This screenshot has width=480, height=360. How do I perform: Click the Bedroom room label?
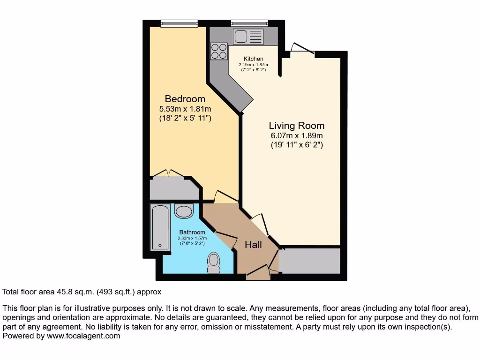coord(185,99)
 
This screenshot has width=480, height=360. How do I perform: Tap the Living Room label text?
coord(296,126)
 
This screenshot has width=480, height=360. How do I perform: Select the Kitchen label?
coord(253,59)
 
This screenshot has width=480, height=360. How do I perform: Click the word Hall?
coord(253,245)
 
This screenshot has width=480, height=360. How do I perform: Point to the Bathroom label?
coord(192,232)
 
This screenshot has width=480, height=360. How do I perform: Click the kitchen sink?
coord(249,36)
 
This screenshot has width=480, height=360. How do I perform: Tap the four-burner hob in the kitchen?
coord(219,51)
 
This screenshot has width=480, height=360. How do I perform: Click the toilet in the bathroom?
coord(214,262)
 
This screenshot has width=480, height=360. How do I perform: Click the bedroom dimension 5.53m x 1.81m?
coord(185,109)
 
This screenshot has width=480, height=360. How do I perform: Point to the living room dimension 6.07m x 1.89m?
coord(296,136)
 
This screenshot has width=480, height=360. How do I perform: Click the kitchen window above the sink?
coord(249,22)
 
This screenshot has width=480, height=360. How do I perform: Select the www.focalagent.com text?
coord(83,336)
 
